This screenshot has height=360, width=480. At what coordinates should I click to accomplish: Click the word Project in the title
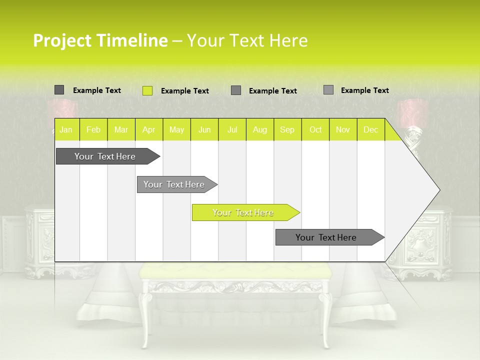61,41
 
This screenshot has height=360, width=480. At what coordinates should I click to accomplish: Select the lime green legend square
147,90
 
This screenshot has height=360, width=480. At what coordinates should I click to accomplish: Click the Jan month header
66,130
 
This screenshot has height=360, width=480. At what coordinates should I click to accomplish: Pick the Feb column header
93,130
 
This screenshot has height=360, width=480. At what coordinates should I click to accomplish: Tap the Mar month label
121,130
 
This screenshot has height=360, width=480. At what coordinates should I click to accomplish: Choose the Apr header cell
149,130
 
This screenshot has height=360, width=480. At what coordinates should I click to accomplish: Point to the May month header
176,130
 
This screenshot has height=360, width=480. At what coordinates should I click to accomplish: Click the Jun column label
204,130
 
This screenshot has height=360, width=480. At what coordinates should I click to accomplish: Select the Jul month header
232,130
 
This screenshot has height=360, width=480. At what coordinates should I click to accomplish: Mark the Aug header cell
260,130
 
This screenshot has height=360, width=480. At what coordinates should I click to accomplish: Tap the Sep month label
287,130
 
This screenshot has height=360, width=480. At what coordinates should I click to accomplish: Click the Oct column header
315,130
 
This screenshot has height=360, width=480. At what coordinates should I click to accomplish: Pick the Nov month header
343,130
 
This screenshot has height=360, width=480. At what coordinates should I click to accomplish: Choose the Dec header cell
371,130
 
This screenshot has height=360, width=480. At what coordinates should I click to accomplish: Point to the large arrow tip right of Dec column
420,190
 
